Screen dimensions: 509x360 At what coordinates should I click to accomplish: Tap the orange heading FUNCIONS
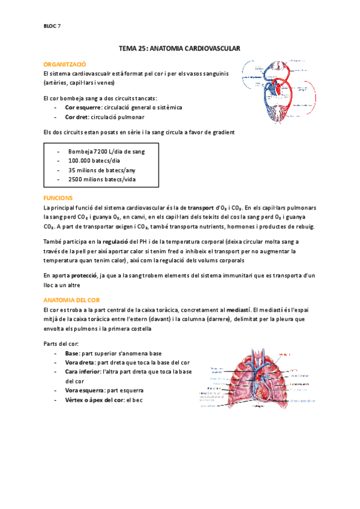pos(59,197)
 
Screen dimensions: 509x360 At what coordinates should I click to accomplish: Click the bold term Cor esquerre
pos(83,107)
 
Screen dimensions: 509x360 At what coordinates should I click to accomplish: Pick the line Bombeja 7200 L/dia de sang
pos(106,151)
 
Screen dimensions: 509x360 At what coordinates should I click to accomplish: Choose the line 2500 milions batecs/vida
pos(101,179)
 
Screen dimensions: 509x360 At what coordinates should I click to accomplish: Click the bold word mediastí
pos(239,309)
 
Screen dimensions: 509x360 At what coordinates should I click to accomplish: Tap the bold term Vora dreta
pos(79,363)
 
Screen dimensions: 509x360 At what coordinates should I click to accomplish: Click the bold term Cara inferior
pos(83,372)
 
